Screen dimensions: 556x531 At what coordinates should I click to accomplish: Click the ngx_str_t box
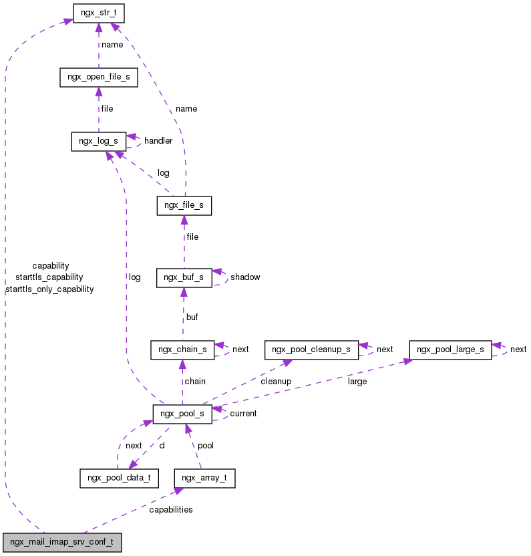98,13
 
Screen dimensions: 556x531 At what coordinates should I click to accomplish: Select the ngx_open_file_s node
98,77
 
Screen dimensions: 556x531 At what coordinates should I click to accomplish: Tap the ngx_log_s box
98,141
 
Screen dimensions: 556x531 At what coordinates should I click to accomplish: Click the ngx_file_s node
184,205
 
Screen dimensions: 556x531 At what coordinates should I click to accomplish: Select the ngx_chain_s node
182,350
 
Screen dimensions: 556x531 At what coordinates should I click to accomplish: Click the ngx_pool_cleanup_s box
311,350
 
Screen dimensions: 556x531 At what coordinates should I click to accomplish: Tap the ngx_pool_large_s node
450,350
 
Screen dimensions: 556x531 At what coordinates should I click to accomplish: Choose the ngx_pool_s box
182,414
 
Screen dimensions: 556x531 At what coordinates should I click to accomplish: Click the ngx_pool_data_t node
119,478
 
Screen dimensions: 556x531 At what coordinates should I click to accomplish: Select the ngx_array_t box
204,478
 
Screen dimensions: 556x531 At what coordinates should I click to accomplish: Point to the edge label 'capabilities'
170,510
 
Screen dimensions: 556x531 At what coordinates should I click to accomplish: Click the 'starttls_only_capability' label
49,289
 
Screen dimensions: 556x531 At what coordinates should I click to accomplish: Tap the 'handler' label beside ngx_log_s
158,141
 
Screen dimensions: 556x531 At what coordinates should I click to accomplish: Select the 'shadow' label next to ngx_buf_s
245,277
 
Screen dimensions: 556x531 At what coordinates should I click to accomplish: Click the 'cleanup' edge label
275,382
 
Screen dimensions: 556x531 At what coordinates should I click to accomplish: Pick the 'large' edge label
357,382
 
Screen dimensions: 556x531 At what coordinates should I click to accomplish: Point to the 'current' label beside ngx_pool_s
243,414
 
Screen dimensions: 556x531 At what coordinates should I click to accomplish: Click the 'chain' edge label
195,382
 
